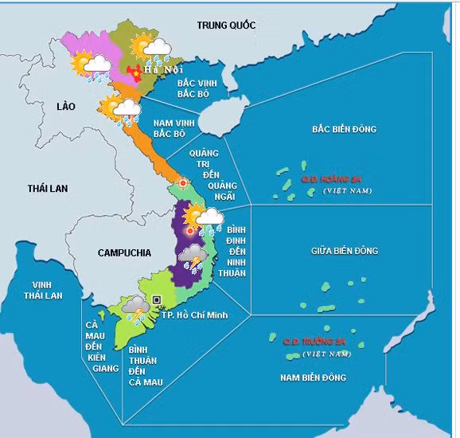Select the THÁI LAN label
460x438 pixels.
(48, 188)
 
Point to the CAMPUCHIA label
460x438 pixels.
(124, 252)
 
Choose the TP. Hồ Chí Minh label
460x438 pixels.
(194, 315)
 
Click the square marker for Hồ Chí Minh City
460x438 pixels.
(157, 299)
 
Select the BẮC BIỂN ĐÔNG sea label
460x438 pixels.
(344, 129)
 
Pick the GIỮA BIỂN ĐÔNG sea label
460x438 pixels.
(344, 251)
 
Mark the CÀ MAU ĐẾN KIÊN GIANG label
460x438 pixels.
(98, 346)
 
